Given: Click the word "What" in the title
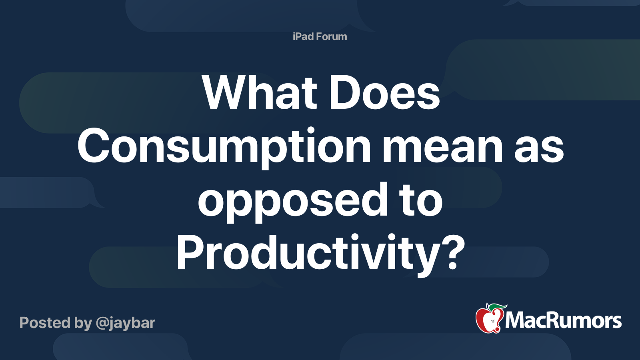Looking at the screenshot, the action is click(260, 92).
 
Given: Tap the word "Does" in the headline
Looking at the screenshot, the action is click(385, 92).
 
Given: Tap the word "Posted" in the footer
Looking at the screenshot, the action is click(45, 323).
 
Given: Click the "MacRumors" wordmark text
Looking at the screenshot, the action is click(563, 320).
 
